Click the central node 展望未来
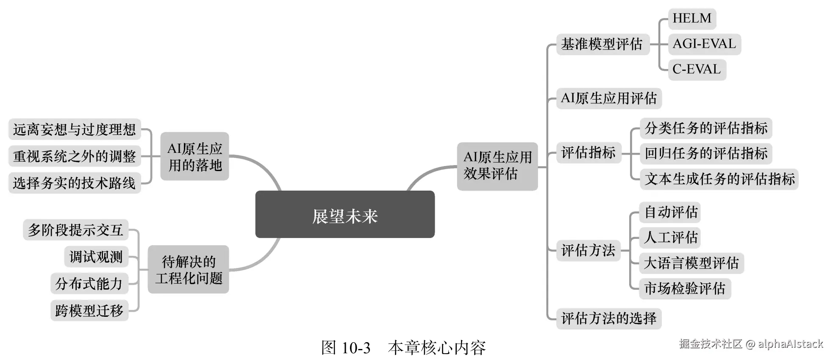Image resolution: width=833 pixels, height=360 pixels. [345, 214]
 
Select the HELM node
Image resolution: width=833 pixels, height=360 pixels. [692, 19]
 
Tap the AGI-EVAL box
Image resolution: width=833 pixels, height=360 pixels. [704, 44]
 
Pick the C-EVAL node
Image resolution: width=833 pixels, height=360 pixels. [697, 69]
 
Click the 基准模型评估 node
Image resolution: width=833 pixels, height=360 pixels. [602, 44]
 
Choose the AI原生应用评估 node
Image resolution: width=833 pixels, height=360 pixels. [608, 98]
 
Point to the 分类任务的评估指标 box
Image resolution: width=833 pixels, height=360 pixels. [706, 128]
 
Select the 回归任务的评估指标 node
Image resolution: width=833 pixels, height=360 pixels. [706, 153]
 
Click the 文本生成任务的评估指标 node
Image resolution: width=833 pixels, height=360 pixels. [719, 179]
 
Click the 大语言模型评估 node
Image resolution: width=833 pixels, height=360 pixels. [691, 263]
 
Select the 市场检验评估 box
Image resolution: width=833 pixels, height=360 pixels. [685, 288]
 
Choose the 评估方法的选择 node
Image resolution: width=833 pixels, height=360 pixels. [608, 318]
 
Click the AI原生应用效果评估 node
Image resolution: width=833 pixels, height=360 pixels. [497, 166]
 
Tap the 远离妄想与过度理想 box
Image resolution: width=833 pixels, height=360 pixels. [75, 129]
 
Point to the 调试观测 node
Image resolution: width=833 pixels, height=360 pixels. [96, 257]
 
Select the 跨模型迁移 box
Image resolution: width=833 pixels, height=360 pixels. [89, 310]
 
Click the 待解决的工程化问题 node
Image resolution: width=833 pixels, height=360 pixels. [188, 269]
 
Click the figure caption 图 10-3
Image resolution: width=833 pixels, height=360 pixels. [346, 348]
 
